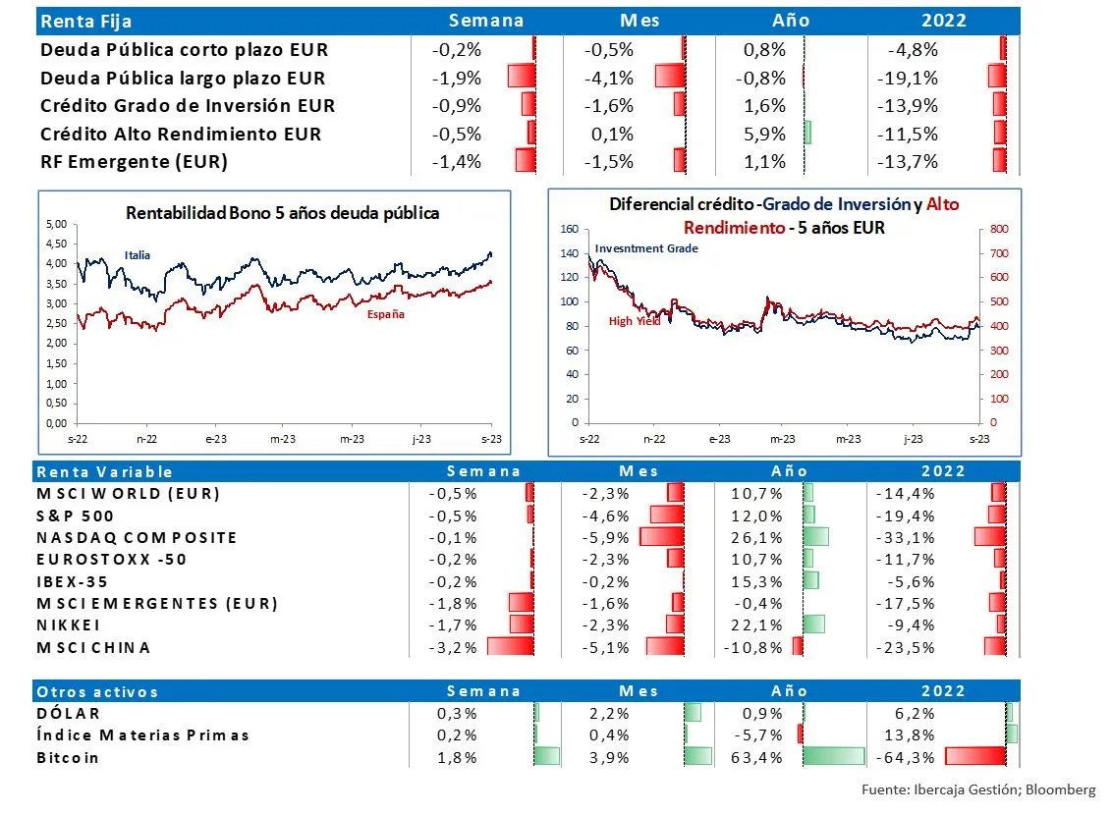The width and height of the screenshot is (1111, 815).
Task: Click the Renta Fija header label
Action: [x=85, y=21]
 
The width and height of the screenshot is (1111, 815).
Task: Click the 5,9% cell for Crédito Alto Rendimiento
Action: [x=766, y=134]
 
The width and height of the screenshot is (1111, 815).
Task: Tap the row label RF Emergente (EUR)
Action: [x=134, y=161]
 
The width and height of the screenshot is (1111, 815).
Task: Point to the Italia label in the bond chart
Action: [x=138, y=255]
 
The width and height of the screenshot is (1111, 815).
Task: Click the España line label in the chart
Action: [x=385, y=314]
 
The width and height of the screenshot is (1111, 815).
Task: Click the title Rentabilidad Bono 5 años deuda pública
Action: [x=283, y=212]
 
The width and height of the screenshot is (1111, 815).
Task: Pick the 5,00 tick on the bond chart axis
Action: [x=57, y=225]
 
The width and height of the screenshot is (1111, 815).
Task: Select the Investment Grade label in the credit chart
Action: [x=646, y=248]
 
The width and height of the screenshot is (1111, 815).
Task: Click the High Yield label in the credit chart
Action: [x=634, y=321]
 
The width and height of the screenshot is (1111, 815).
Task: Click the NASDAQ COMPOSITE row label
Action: [x=137, y=537]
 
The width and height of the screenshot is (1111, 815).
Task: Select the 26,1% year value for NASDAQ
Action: [x=765, y=537]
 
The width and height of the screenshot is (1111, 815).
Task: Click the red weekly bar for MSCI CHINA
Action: [x=510, y=647]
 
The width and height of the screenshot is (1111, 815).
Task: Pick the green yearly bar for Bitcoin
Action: [x=833, y=757]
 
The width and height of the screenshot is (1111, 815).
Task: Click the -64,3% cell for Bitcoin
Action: [x=905, y=757]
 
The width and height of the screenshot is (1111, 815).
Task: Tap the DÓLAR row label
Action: [x=68, y=714]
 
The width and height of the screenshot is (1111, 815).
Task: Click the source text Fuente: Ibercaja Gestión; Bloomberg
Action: [x=978, y=789]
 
